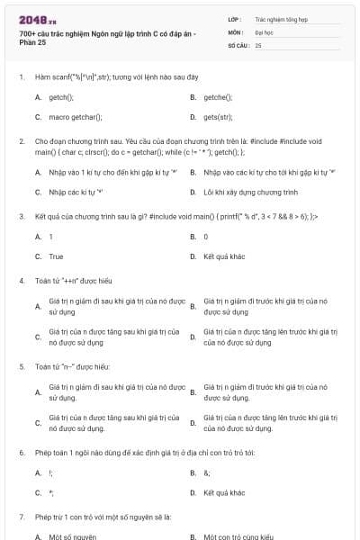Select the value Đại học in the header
tap(264, 31)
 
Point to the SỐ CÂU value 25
tap(258, 44)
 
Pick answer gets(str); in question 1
tap(218, 117)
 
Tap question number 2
tap(22, 141)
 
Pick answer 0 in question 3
tap(206, 236)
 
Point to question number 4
tap(22, 280)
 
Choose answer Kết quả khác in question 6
tap(224, 492)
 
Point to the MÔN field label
tap(235, 31)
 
